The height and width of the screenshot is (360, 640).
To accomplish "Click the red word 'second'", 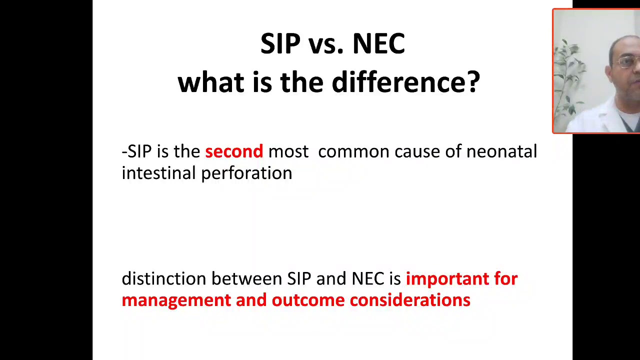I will [233, 151].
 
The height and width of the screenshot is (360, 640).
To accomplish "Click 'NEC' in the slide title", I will [378, 44].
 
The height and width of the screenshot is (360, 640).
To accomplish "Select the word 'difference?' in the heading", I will [405, 81].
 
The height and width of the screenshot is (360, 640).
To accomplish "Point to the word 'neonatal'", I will [501, 151].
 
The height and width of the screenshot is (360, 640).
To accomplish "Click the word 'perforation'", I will [246, 173].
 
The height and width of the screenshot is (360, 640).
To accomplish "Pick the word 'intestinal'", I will [158, 173].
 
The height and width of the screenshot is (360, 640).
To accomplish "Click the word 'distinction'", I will [164, 278].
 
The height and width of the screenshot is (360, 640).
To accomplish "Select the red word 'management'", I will [176, 300].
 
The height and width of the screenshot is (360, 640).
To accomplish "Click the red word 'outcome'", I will [308, 300].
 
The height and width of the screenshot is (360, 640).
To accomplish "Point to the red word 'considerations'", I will [409, 300].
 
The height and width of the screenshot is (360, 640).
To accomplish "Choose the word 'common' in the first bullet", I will [353, 151].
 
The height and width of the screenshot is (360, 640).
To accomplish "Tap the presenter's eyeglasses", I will [628, 62].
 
